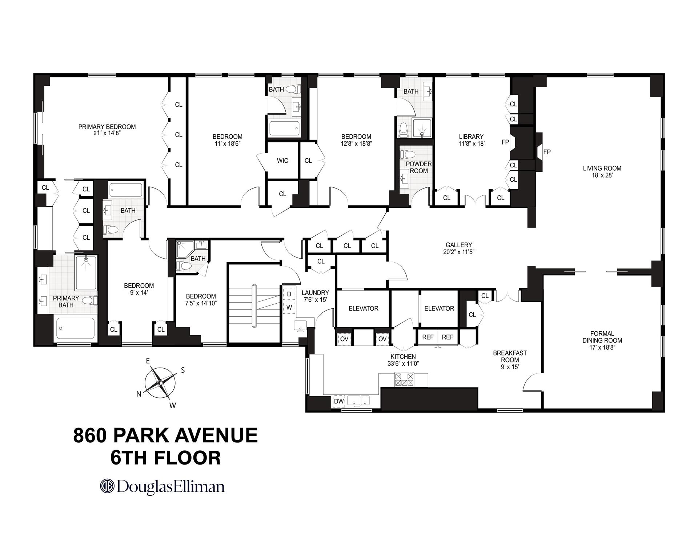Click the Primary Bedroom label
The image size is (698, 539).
click(107, 127)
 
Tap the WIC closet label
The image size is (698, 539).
click(282, 161)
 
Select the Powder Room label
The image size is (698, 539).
click(418, 167)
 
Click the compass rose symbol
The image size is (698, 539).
click(160, 382)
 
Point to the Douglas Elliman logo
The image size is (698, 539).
click(162, 487)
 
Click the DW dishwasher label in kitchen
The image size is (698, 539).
click(338, 401)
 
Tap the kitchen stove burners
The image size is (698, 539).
click(404, 380)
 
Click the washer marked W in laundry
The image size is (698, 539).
click(289, 307)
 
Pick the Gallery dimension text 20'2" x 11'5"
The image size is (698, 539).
click(459, 252)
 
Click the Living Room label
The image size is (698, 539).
click(602, 168)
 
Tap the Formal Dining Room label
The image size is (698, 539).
click(602, 337)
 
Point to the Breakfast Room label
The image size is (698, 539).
click(510, 356)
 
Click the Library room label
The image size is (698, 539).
click(471, 137)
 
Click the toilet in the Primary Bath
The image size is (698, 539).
click(89, 300)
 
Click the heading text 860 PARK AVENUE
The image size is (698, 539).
click(165, 435)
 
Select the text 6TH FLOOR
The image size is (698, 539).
click(165, 458)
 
